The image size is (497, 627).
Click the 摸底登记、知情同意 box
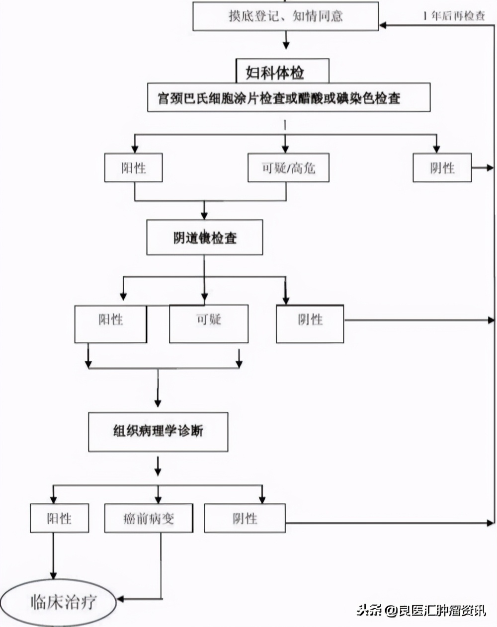[x=285, y=15]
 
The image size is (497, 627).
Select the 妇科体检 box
[x=282, y=73]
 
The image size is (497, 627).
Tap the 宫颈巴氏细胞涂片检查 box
[x=288, y=98]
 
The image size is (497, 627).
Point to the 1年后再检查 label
[x=454, y=15]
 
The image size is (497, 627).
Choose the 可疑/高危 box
[x=288, y=168]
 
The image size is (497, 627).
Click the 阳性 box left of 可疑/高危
[x=133, y=168]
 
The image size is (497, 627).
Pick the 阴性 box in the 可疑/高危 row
[x=442, y=168]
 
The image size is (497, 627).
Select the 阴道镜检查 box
[x=204, y=238]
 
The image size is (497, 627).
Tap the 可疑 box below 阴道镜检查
[x=208, y=323]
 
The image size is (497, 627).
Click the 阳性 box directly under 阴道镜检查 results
[x=110, y=323]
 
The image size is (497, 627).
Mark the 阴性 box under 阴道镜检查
[x=310, y=323]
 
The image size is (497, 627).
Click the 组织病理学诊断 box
[x=158, y=431]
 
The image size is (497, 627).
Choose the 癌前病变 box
[x=149, y=518]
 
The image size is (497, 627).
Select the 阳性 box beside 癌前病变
[x=59, y=518]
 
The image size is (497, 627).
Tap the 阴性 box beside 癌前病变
[x=245, y=518]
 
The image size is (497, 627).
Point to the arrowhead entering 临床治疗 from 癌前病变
[x=121, y=599]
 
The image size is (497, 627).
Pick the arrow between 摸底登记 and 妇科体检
[x=286, y=41]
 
